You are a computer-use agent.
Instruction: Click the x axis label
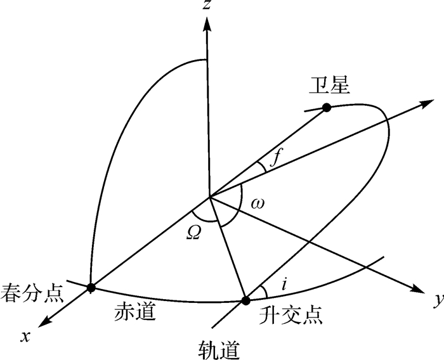pos(26,337)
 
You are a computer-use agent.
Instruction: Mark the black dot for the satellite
pos(327,108)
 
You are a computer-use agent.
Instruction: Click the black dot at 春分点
pos(91,288)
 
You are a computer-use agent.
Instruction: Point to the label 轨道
pos(219,348)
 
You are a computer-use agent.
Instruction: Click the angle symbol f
pos(275,158)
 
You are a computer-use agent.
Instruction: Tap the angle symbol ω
pos(258,204)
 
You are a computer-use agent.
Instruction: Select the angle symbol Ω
pos(194,231)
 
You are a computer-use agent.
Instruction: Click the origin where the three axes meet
pos(207,197)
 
